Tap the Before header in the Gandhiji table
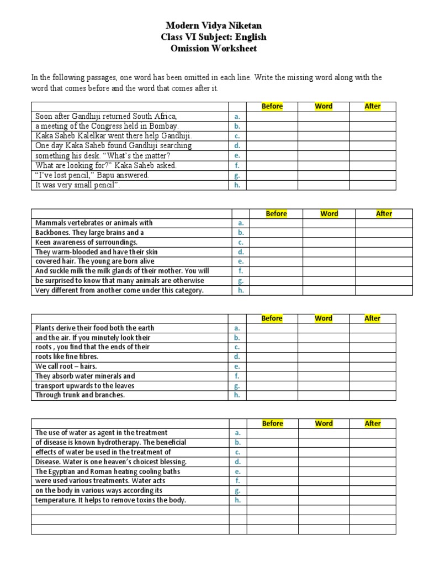(x=272, y=106)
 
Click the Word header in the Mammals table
(x=329, y=213)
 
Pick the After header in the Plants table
(x=373, y=318)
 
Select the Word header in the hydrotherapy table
(x=324, y=423)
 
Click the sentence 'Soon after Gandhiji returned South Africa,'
(x=106, y=116)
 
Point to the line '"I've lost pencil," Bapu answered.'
(x=92, y=175)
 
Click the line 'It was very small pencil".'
(x=78, y=185)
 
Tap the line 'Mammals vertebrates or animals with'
(x=94, y=223)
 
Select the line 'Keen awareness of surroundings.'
(x=87, y=242)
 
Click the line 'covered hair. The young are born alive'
(x=95, y=261)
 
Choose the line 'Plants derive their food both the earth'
(x=95, y=328)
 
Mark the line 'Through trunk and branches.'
(x=80, y=395)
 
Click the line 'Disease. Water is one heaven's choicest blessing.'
(x=111, y=462)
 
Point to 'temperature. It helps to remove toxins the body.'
(x=111, y=500)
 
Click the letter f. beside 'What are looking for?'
(x=237, y=165)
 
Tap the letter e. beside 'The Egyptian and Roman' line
(x=237, y=471)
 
